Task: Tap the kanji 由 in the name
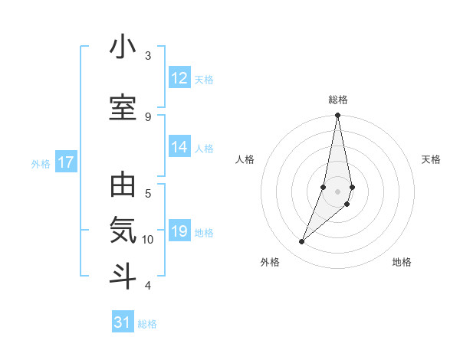[123, 186]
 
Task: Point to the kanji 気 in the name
[123, 231]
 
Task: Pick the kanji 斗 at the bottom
[123, 277]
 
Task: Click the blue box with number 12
[179, 78]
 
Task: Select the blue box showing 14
[179, 147]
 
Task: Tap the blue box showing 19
[179, 231]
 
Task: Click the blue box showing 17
[65, 162]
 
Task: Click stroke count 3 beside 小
[148, 55]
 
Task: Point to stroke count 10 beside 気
[148, 239]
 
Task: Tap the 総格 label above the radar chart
[338, 100]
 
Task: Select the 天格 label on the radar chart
[432, 159]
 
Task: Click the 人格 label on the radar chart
[245, 159]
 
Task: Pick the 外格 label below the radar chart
[270, 262]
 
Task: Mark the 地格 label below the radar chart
[402, 262]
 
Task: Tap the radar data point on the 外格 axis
[302, 241]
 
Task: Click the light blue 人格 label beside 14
[204, 148]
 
